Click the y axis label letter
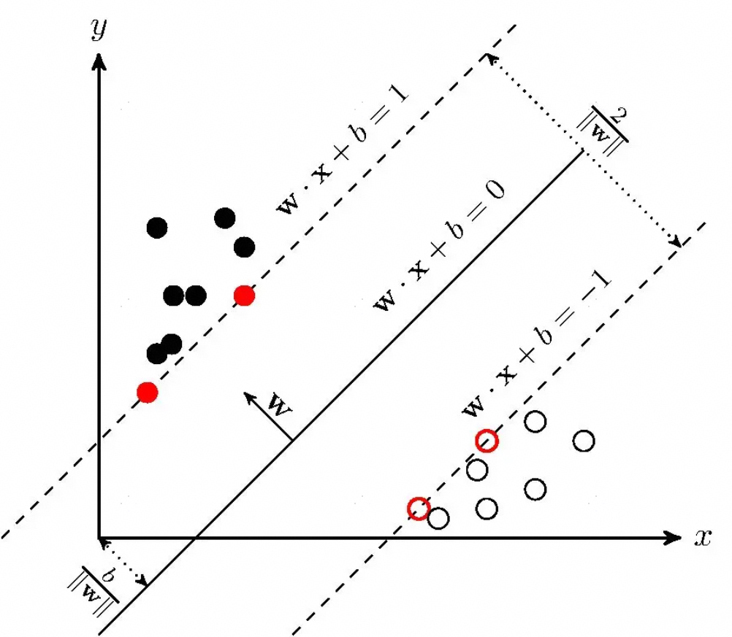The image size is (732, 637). coord(99,29)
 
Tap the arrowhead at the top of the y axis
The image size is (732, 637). coord(99,61)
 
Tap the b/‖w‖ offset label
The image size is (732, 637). coord(94,589)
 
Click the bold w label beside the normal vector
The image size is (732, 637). coord(280,405)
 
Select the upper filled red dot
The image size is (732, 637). coord(244,296)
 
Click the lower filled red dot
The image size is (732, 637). coord(148,392)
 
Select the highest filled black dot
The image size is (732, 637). coord(224,217)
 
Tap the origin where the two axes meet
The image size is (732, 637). coord(99,538)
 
